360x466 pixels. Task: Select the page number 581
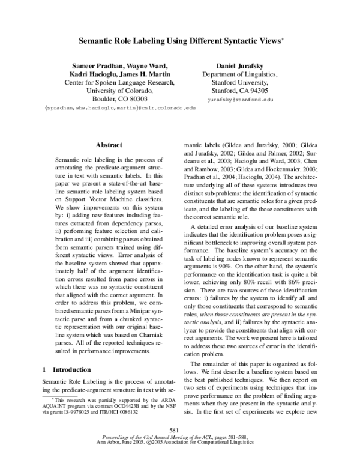175,446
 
